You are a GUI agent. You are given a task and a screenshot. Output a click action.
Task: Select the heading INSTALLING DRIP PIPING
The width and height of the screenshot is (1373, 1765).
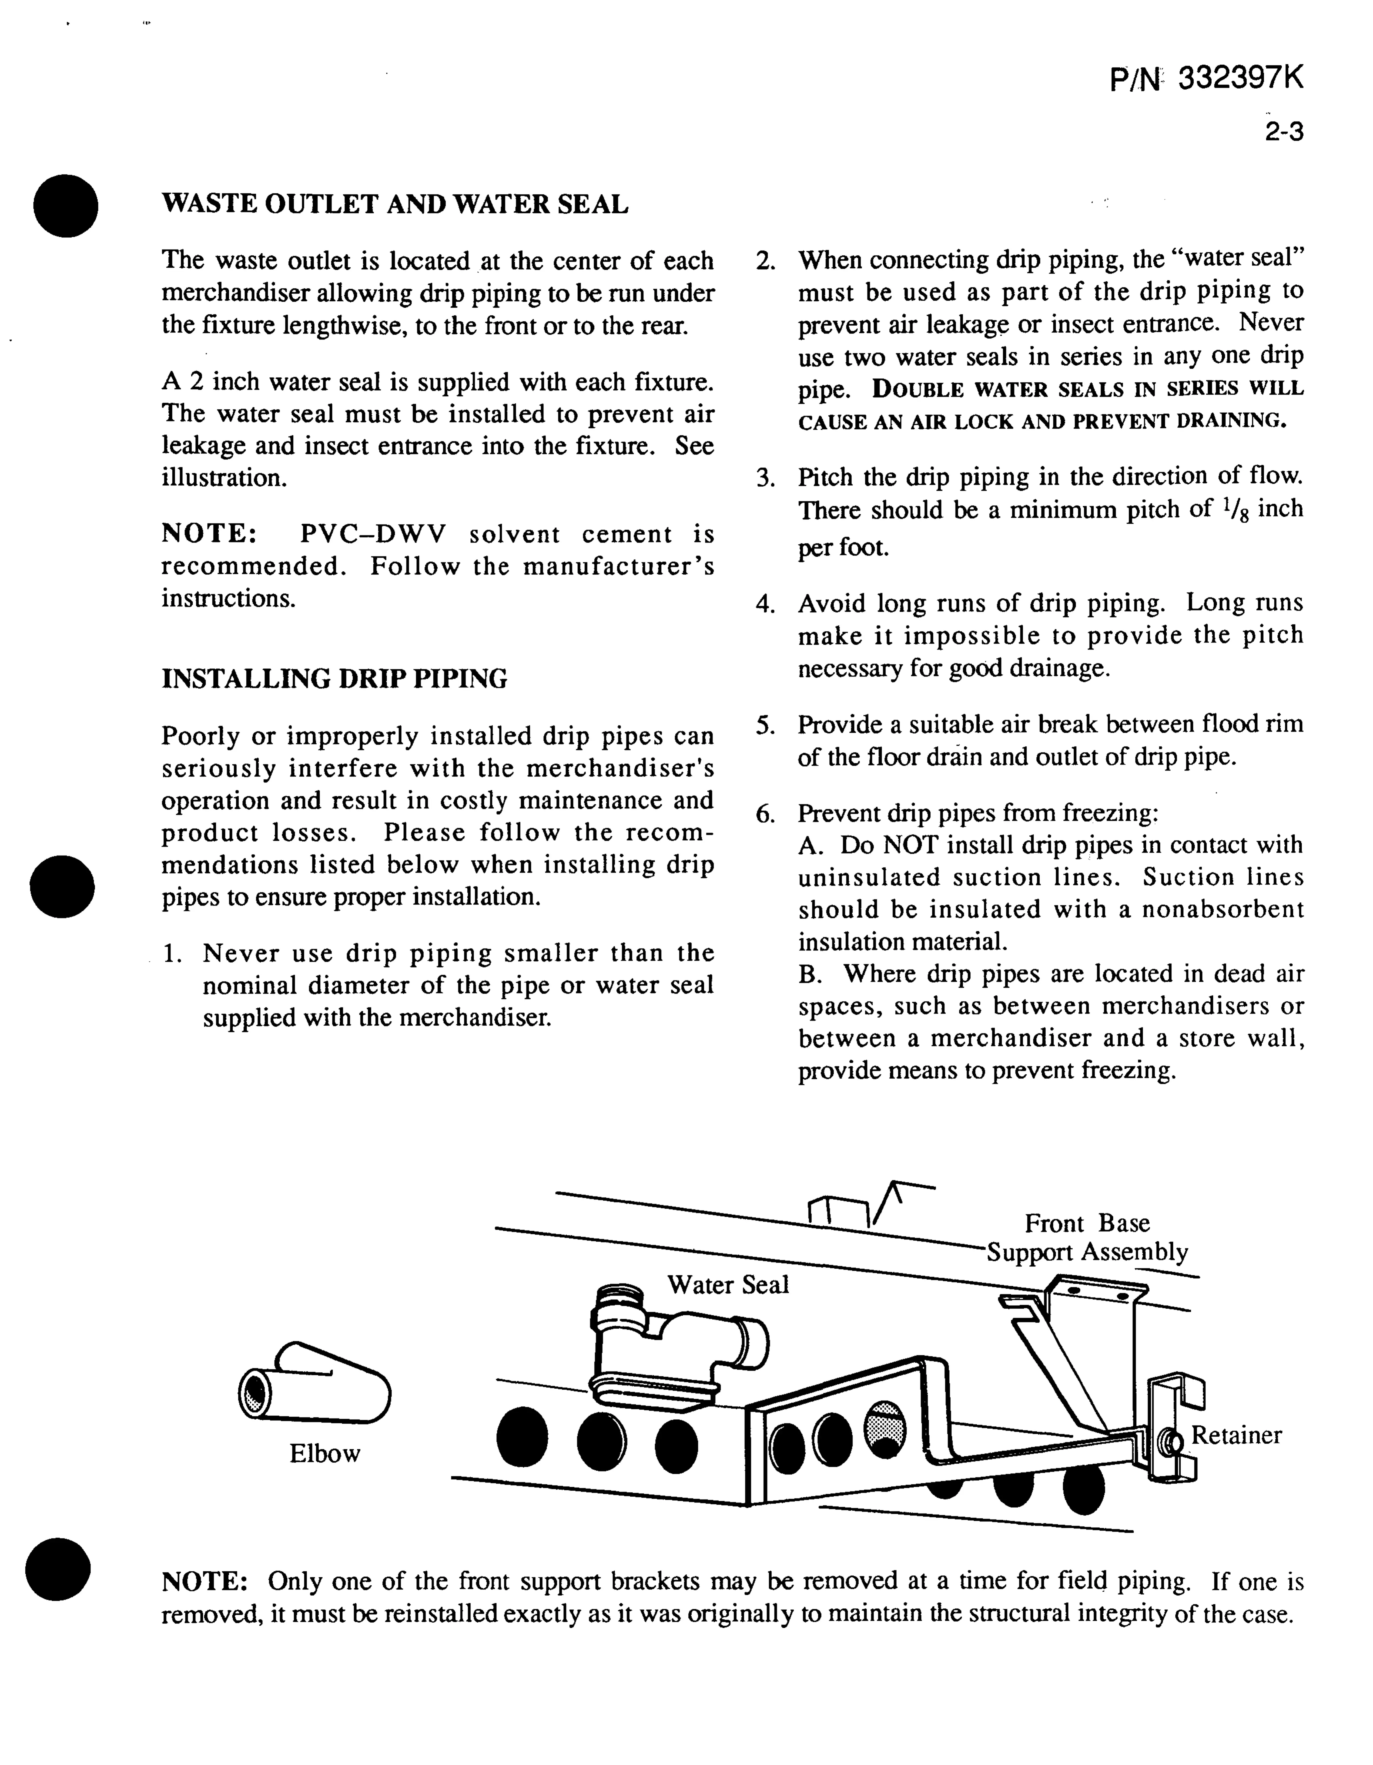pos(335,678)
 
